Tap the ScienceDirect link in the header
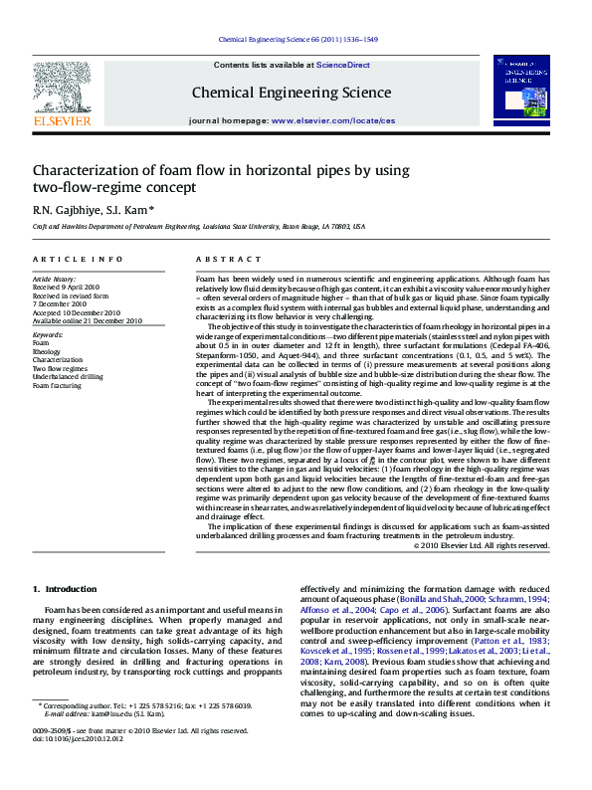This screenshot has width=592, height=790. (343, 65)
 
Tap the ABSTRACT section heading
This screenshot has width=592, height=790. (219, 259)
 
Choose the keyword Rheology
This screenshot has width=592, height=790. (47, 352)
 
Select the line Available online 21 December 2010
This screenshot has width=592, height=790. (88, 320)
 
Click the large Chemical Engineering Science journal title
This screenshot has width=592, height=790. (292, 94)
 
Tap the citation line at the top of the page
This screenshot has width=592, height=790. (296, 40)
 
